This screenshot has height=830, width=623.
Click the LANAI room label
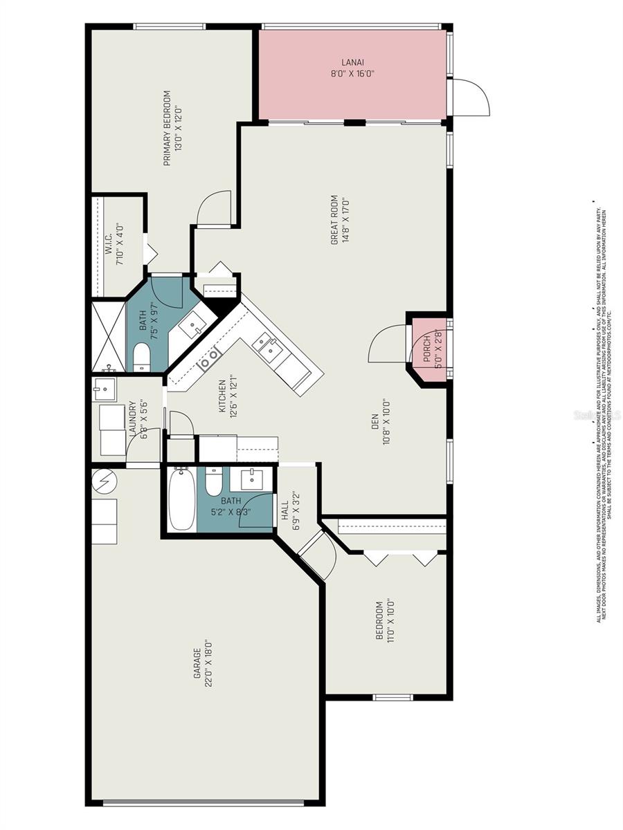(x=352, y=62)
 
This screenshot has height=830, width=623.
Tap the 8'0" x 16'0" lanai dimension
(x=352, y=73)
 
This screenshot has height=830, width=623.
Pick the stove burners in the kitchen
(x=209, y=358)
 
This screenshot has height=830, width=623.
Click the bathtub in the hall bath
(x=182, y=499)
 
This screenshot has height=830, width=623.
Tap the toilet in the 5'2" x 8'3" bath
(x=213, y=482)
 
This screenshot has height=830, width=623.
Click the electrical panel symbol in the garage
(x=105, y=479)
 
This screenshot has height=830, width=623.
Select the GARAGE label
(x=197, y=667)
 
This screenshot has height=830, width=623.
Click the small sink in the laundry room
(x=105, y=389)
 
